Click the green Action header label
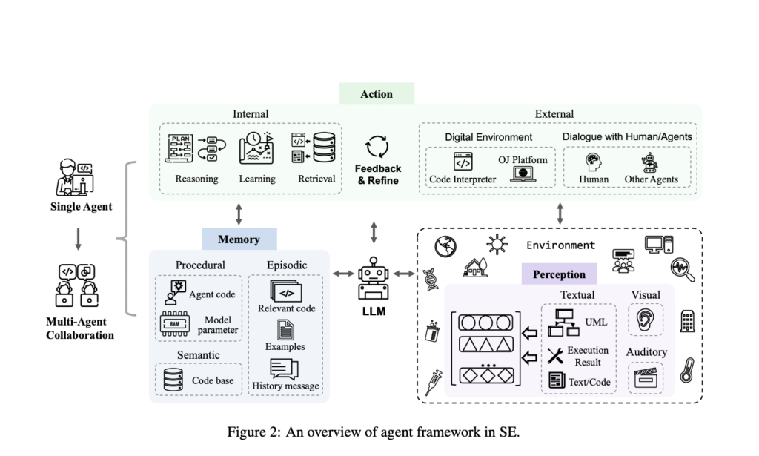pyautogui.click(x=377, y=94)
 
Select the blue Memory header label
pyautogui.click(x=239, y=239)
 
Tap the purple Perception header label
pyautogui.click(x=559, y=274)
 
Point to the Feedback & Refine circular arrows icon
pyautogui.click(x=378, y=147)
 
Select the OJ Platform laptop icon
pyautogui.click(x=525, y=174)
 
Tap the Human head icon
pyautogui.click(x=593, y=161)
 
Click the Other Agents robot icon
pyautogui.click(x=649, y=162)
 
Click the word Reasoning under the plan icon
pyautogui.click(x=196, y=179)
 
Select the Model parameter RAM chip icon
pyautogui.click(x=174, y=324)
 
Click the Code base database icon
pyautogui.click(x=174, y=380)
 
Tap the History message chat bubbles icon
pyautogui.click(x=285, y=368)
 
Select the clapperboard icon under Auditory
pyautogui.click(x=645, y=377)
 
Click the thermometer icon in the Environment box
pyautogui.click(x=686, y=369)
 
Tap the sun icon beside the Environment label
pyautogui.click(x=495, y=242)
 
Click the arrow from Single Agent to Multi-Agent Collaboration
pyautogui.click(x=79, y=237)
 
